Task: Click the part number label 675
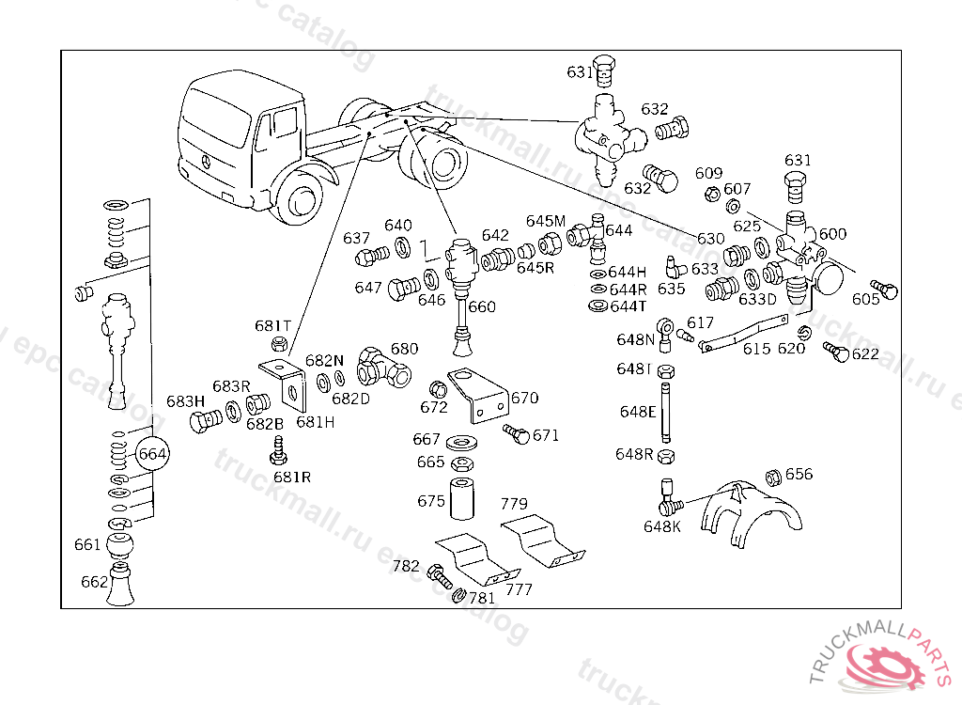430,501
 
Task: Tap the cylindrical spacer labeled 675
463,498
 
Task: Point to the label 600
832,234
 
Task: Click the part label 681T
272,326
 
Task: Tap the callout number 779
514,504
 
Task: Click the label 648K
662,526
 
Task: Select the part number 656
799,475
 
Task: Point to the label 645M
545,221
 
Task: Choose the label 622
865,353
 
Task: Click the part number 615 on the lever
756,349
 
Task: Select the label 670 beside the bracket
524,398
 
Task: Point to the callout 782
406,566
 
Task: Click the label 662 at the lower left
94,582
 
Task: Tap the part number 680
404,349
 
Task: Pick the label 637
356,238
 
